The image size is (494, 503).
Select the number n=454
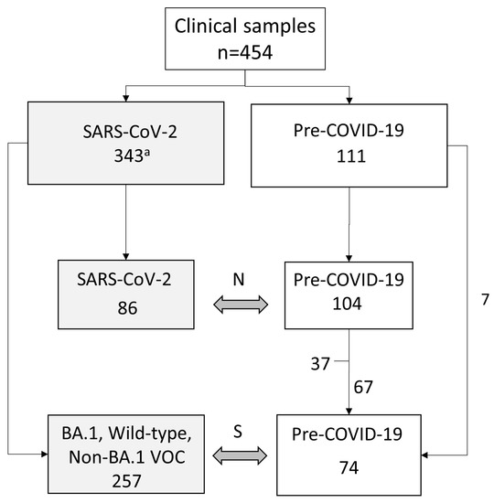[x=247, y=52]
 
